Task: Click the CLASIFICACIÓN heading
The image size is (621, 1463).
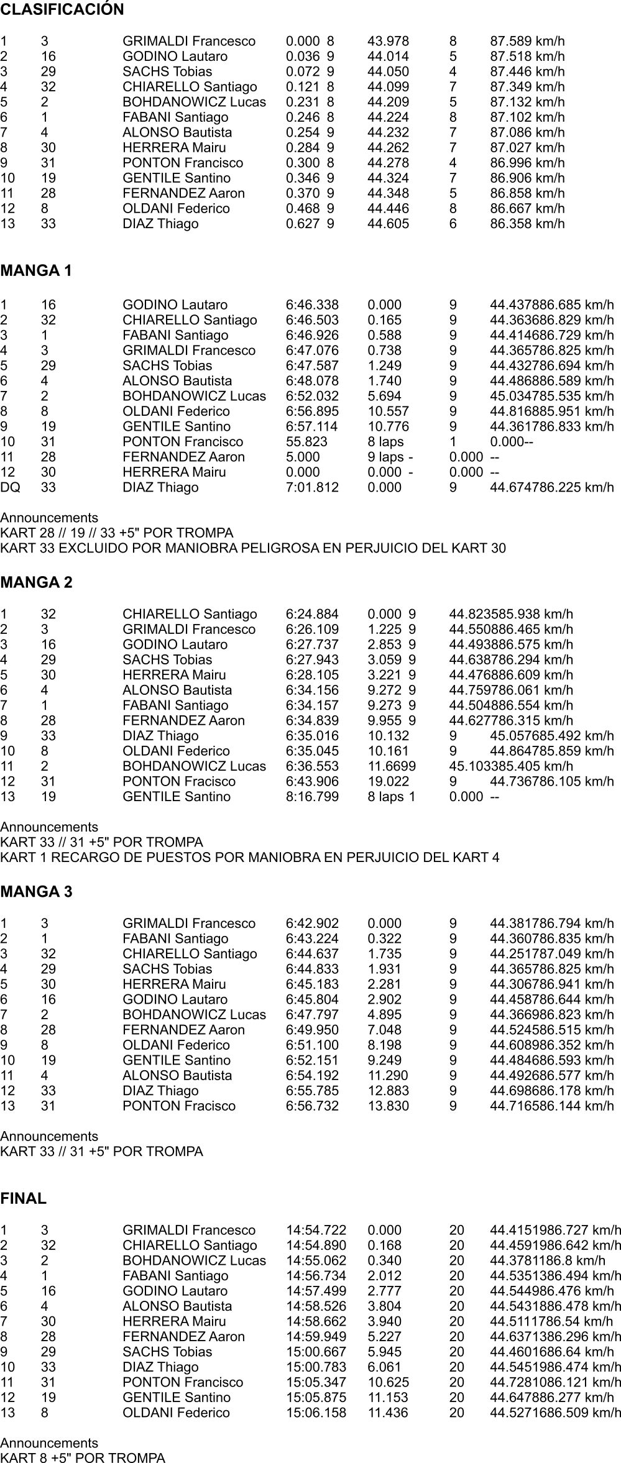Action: coord(62,10)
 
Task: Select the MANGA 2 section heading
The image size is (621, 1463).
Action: coord(37,582)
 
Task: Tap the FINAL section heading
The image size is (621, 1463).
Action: coord(24,1199)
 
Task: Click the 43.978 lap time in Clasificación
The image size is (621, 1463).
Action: coord(389,42)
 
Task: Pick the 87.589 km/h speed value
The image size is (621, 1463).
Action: coord(527,42)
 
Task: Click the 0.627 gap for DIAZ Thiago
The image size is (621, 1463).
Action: coord(303,224)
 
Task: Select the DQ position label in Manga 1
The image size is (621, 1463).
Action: coord(10,487)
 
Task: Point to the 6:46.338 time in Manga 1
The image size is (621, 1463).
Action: coord(312,305)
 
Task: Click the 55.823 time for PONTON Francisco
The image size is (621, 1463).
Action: coord(306,442)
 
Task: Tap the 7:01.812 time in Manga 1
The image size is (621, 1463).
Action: coord(312,487)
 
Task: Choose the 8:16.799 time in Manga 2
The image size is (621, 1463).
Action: coord(312,797)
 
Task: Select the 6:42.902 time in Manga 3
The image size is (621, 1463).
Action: coord(312,924)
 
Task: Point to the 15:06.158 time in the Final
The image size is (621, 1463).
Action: coord(316,1413)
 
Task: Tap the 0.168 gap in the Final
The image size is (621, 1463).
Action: coord(384,1245)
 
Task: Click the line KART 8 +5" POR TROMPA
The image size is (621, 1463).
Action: coord(83,1458)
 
